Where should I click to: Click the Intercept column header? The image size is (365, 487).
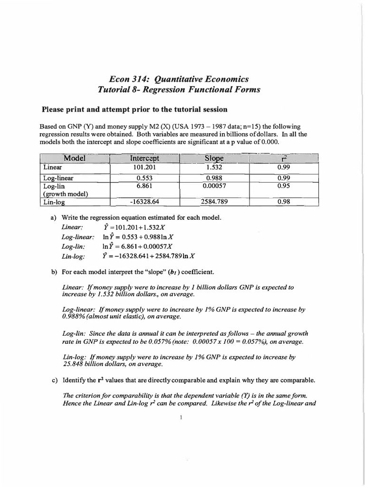tap(144, 158)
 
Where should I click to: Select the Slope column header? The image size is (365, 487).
tap(214, 158)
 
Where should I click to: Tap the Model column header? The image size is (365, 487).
tap(74, 158)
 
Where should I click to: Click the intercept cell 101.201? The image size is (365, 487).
tap(144, 167)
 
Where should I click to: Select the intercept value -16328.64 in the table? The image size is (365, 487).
tap(144, 202)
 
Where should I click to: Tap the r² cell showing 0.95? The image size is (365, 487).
tap(283, 186)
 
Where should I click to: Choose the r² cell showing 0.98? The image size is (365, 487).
tap(283, 202)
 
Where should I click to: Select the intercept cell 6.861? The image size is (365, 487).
tap(144, 186)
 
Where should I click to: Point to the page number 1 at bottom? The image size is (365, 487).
tap(182, 418)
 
